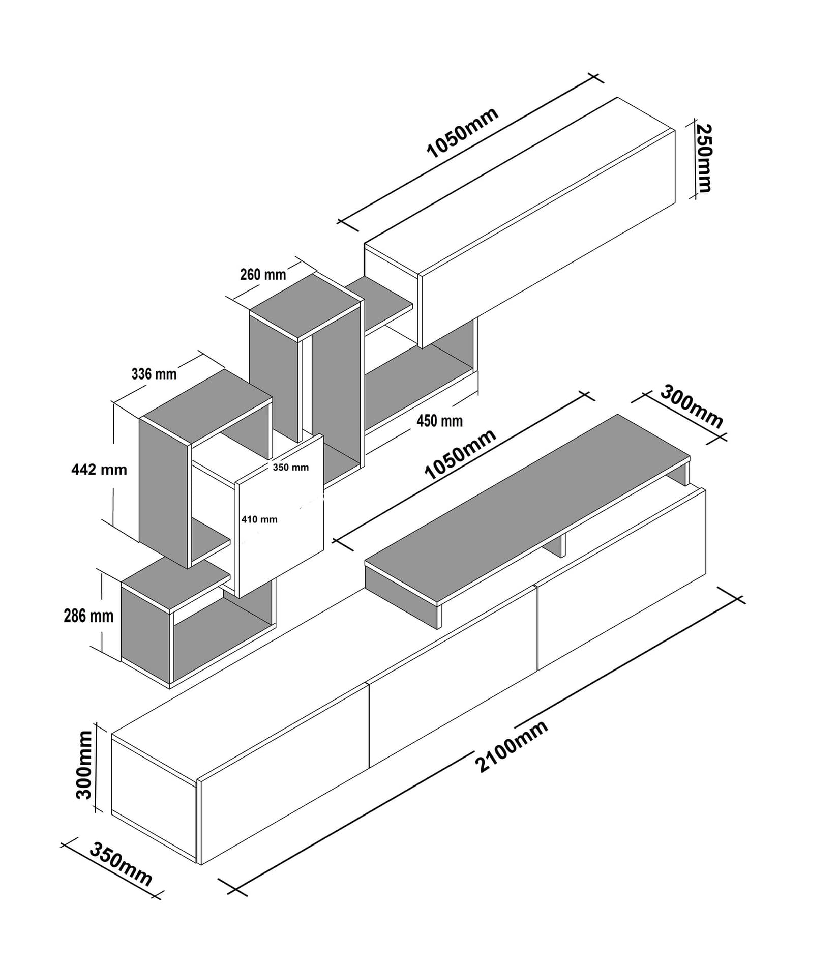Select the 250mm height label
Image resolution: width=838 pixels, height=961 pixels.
tap(703, 158)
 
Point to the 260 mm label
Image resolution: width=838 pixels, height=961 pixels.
tap(263, 275)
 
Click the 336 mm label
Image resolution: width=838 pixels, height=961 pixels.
tap(154, 374)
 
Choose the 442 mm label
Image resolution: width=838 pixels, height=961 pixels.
tap(99, 469)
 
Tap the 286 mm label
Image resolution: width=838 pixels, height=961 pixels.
tap(88, 616)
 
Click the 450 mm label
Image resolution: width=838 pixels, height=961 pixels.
tap(439, 421)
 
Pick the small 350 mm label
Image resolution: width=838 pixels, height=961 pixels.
tap(290, 467)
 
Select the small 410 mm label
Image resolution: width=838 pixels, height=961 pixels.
tap(259, 519)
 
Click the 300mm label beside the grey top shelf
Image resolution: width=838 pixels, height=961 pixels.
tap(692, 407)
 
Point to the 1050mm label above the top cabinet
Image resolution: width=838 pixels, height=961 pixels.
tap(462, 133)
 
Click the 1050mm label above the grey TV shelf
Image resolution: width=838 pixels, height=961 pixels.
tap(460, 454)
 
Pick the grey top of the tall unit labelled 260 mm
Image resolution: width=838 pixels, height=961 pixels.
tap(305, 305)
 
